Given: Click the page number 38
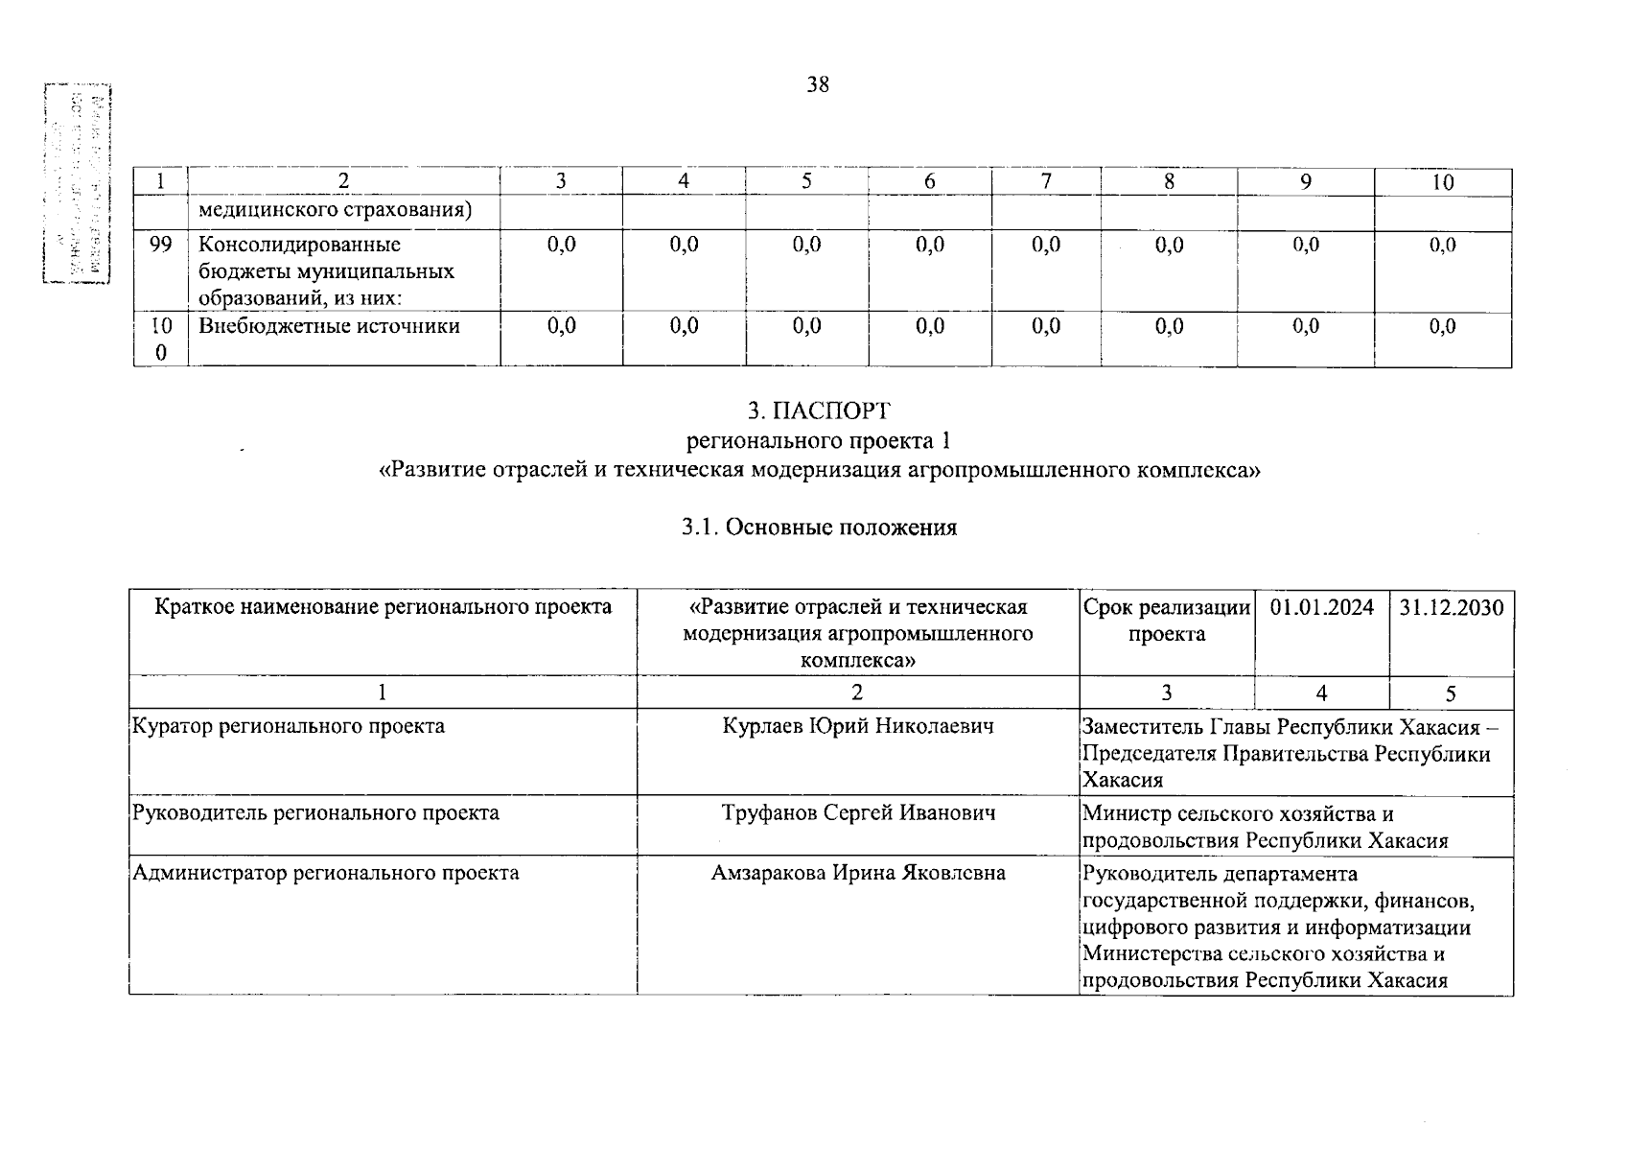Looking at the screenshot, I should (x=817, y=85).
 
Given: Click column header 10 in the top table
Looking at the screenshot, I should (x=1443, y=182).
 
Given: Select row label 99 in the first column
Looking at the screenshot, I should (x=160, y=245).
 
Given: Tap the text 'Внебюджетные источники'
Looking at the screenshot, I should (x=329, y=326).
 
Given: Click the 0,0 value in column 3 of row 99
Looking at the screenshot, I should (x=561, y=245).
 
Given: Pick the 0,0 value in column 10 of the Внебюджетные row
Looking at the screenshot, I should (x=1442, y=326).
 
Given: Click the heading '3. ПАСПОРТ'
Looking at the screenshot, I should (x=819, y=411).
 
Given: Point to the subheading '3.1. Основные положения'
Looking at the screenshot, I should (x=819, y=528).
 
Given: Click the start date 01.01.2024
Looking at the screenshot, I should (x=1321, y=607).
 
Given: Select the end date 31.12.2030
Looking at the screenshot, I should (x=1451, y=607).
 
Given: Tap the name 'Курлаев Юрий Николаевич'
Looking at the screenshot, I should (x=858, y=726).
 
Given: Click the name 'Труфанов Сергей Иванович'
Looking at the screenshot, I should (x=858, y=813).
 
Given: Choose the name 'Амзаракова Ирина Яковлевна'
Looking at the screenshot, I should (x=858, y=873).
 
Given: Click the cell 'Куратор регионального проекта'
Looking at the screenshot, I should (x=289, y=726).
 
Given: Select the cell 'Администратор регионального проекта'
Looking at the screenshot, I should (x=326, y=873).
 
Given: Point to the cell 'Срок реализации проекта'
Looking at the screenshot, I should (x=1167, y=621).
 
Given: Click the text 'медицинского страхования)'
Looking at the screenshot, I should (x=336, y=209).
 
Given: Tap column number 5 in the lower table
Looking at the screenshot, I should (x=1451, y=693).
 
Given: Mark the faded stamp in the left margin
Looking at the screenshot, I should (x=77, y=182).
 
